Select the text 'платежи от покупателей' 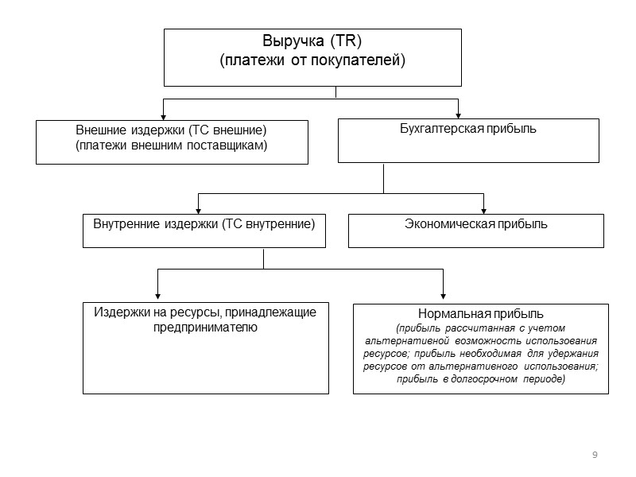click(x=312, y=60)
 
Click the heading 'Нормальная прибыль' click(x=480, y=313)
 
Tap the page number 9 click(x=595, y=454)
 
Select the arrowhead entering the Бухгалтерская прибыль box click(x=458, y=114)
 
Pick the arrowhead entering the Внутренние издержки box click(x=198, y=209)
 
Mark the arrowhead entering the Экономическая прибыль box click(x=483, y=209)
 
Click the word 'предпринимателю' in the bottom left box click(x=205, y=328)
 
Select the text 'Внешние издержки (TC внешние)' click(x=170, y=130)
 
